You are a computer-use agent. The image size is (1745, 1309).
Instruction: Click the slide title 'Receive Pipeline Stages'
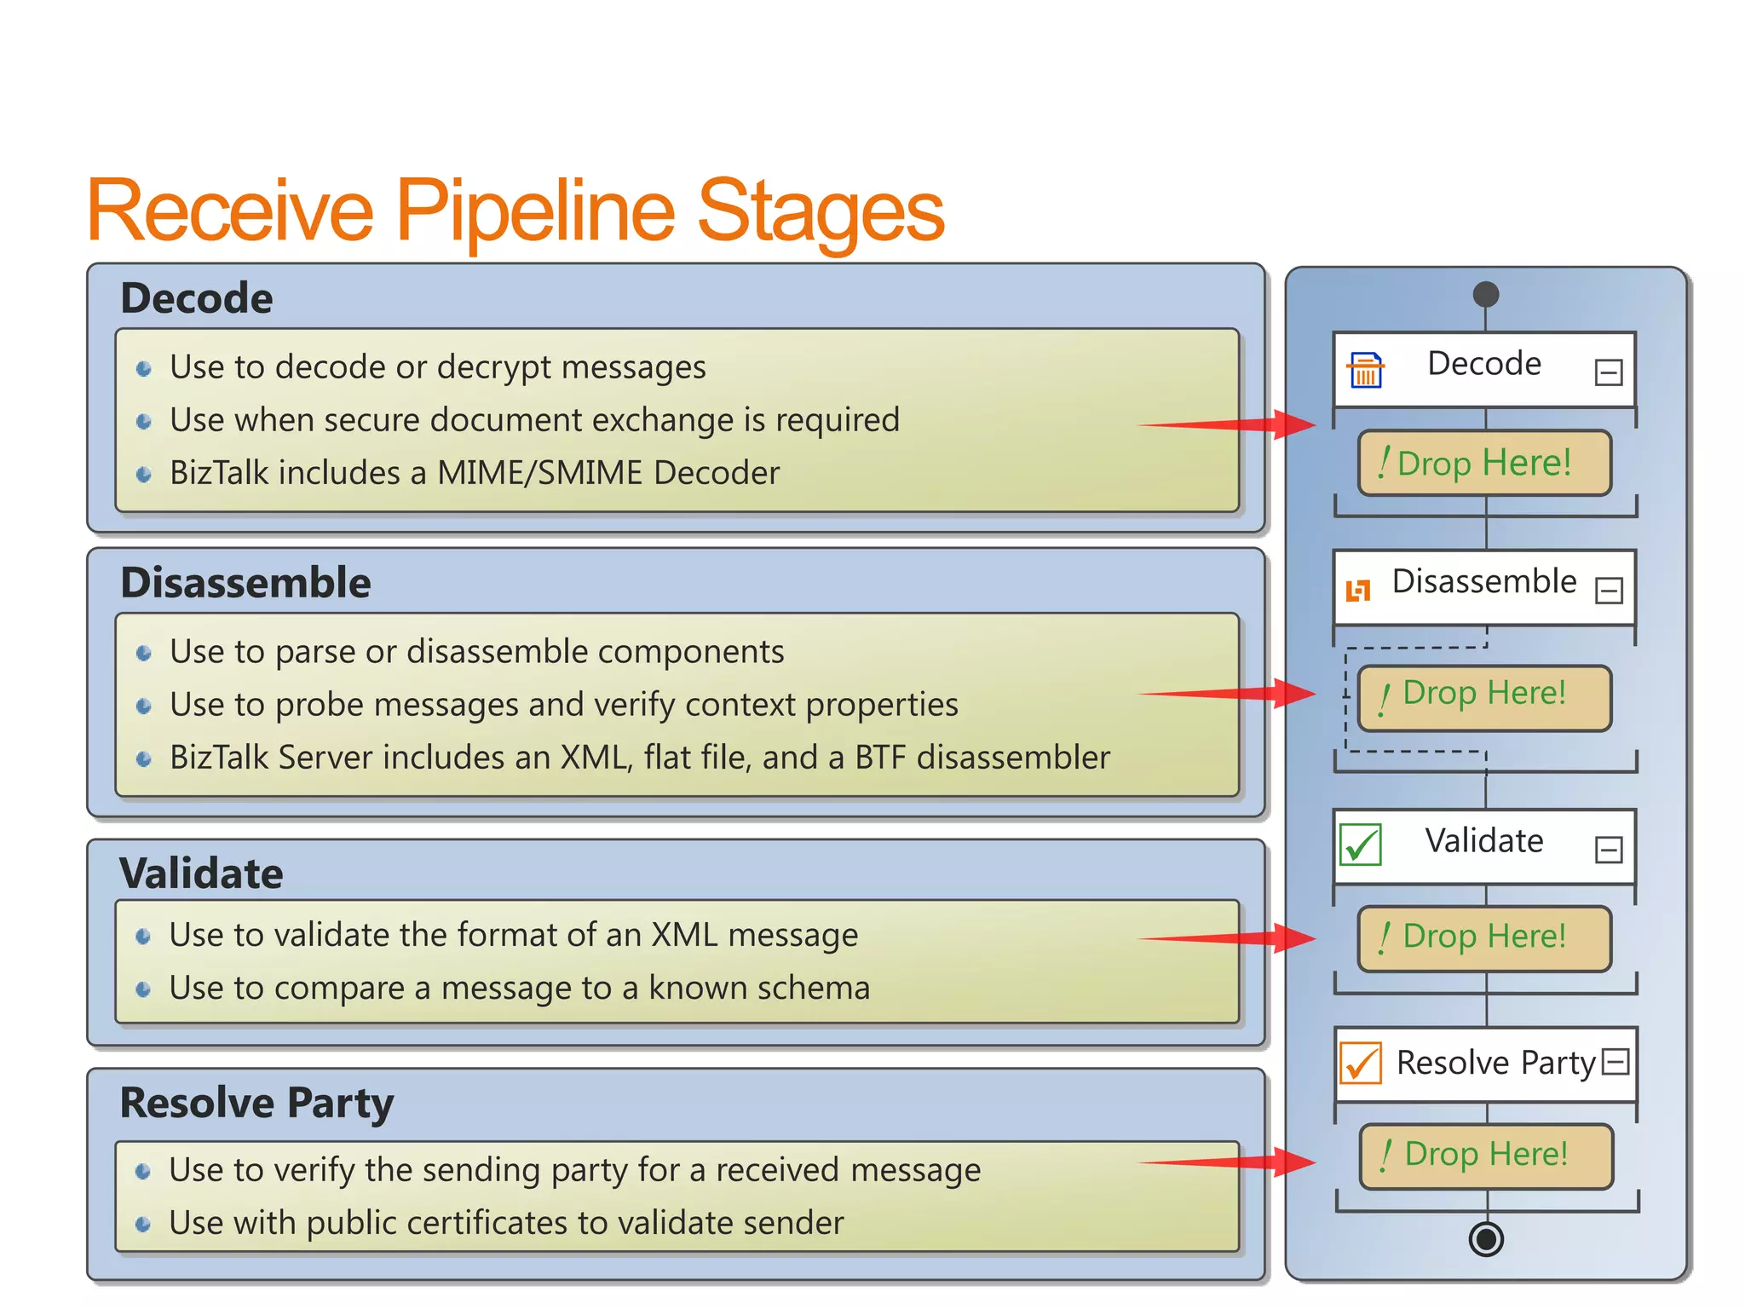(x=515, y=210)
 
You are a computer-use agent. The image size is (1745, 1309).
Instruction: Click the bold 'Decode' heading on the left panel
(x=197, y=298)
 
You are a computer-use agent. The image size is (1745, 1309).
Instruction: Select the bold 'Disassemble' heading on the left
(x=245, y=583)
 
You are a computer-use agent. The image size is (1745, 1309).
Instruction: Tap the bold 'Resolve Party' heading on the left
(x=256, y=1102)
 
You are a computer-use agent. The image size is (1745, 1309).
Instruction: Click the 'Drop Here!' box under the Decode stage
(x=1484, y=463)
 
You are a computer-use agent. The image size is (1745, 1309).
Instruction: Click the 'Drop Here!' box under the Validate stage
(x=1484, y=937)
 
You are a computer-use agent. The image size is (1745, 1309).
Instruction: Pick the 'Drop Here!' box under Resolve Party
(x=1486, y=1156)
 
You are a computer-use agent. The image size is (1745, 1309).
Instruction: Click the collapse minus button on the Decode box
(x=1608, y=372)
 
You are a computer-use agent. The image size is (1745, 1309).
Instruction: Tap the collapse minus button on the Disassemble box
(x=1609, y=591)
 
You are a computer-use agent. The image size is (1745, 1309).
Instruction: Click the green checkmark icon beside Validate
(x=1361, y=845)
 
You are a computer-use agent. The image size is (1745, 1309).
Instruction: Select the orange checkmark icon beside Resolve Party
(x=1361, y=1063)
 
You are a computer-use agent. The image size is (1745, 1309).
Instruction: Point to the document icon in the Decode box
(x=1365, y=371)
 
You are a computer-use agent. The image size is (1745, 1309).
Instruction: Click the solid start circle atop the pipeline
(x=1485, y=294)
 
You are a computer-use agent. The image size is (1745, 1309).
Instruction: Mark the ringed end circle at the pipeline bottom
(x=1486, y=1238)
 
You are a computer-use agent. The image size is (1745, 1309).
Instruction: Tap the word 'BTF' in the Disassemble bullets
(x=881, y=758)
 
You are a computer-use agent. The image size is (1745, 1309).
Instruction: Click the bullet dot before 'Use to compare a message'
(x=144, y=989)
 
